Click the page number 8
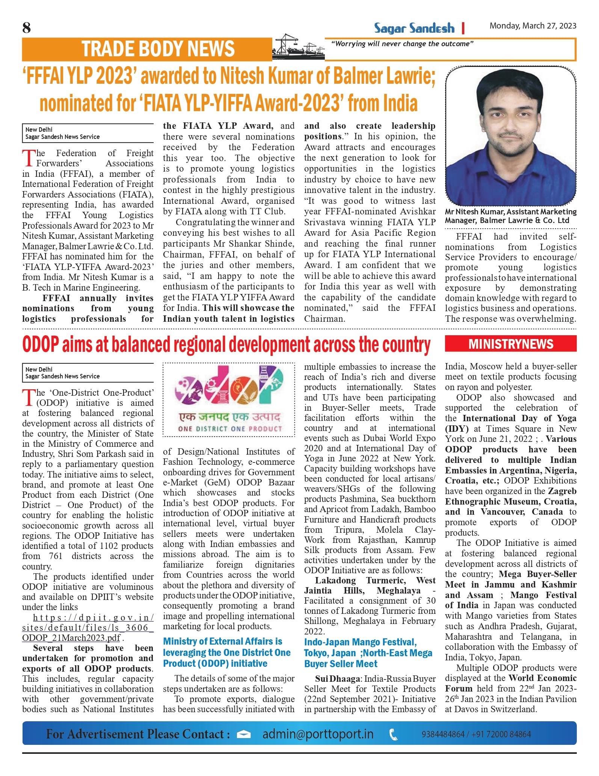tap(27, 28)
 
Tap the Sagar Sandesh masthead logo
tap(414, 28)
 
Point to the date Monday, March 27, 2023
tap(533, 26)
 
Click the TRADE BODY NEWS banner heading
tap(158, 49)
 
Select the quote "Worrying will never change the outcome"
tap(402, 44)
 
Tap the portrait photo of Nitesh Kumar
tap(510, 136)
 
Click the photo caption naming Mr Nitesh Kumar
tap(510, 216)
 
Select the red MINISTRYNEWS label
tap(510, 344)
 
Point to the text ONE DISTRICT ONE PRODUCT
tap(230, 429)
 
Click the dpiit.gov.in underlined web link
tap(88, 628)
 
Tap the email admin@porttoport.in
tap(318, 734)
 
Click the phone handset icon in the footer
tap(393, 734)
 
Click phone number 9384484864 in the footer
tap(443, 734)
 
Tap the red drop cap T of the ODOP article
tap(29, 398)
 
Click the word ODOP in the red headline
tap(41, 345)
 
